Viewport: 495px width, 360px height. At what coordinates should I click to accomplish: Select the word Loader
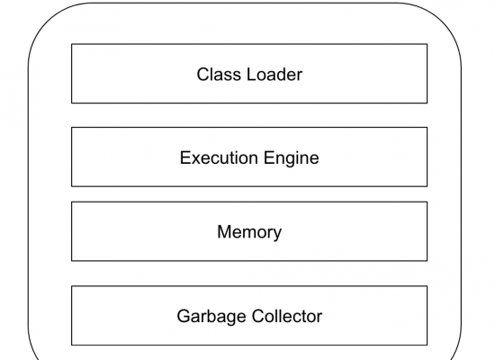[x=274, y=75]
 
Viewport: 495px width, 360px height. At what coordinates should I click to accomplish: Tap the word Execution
[x=219, y=157]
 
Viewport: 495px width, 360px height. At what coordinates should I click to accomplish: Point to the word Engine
[x=291, y=158]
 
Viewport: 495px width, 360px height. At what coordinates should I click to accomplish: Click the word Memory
[x=249, y=232]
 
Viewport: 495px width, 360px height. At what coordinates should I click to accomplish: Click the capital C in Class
[x=203, y=75]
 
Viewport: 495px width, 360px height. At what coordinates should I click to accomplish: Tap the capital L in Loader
[x=251, y=75]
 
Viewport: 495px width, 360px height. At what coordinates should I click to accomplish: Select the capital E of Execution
[x=185, y=157]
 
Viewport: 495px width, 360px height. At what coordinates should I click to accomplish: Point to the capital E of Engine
[x=269, y=157]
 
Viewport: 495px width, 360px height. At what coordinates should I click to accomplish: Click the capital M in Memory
[x=224, y=232]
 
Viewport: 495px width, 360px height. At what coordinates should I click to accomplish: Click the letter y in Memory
[x=276, y=235]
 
